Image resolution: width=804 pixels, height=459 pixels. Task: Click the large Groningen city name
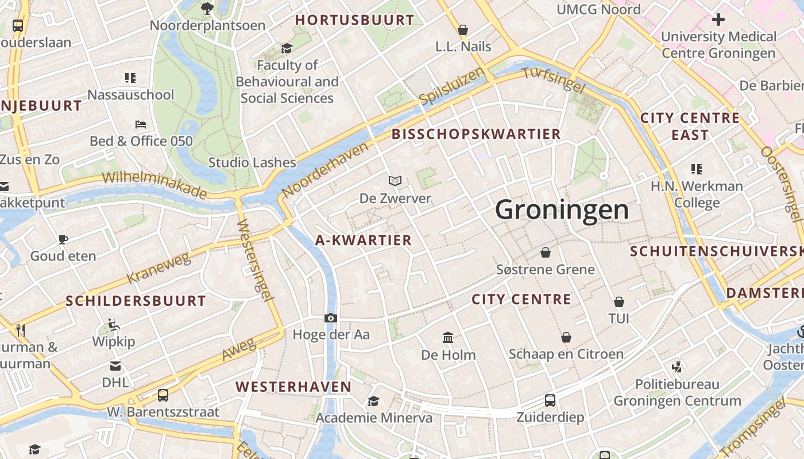pyautogui.click(x=562, y=209)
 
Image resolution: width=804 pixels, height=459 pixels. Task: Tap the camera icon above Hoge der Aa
pyautogui.click(x=330, y=318)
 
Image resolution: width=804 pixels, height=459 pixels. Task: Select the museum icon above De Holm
pyautogui.click(x=448, y=338)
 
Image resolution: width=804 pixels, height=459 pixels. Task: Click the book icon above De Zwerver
pyautogui.click(x=395, y=181)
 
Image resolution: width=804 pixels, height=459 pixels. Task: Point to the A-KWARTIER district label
pyautogui.click(x=364, y=240)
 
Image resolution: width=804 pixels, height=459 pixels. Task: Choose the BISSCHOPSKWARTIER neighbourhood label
pyautogui.click(x=476, y=134)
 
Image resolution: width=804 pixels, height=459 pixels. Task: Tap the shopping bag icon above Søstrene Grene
pyautogui.click(x=546, y=252)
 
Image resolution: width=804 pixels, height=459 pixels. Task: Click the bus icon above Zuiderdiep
pyautogui.click(x=550, y=400)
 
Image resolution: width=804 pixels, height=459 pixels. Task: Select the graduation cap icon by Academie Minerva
pyautogui.click(x=374, y=401)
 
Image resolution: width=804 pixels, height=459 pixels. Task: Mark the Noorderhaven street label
pyautogui.click(x=325, y=170)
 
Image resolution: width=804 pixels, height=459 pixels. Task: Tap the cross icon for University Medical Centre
pyautogui.click(x=718, y=20)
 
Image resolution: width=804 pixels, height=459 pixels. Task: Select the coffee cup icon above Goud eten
pyautogui.click(x=63, y=239)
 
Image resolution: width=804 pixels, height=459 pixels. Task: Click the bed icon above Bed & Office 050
pyautogui.click(x=141, y=124)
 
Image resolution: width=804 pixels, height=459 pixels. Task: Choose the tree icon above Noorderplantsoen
pyautogui.click(x=207, y=9)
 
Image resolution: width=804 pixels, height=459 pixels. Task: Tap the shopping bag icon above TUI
pyautogui.click(x=619, y=302)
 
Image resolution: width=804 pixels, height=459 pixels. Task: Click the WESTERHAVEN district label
pyautogui.click(x=293, y=387)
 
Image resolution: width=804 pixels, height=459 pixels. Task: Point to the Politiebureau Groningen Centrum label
pyautogui.click(x=677, y=392)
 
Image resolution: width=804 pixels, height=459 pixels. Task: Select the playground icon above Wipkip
pyautogui.click(x=114, y=325)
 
